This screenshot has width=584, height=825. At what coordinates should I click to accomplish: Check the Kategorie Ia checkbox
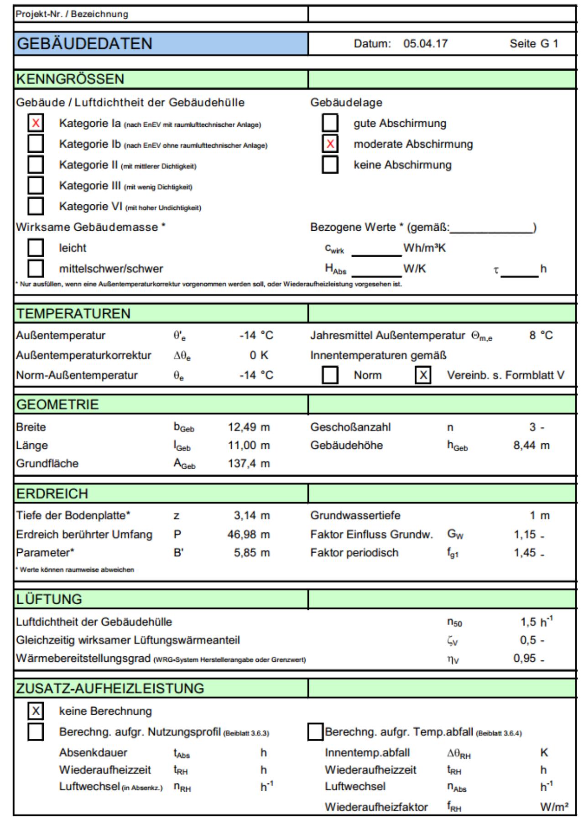(36, 123)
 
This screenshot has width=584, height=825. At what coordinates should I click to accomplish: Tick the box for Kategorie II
(36, 165)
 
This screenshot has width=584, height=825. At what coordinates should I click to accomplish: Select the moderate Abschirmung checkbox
(330, 144)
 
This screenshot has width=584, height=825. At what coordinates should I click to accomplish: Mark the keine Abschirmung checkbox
(330, 165)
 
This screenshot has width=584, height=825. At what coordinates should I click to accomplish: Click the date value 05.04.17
(425, 44)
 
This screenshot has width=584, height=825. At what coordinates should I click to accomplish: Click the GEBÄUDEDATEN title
(84, 44)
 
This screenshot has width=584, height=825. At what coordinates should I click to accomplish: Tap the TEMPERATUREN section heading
(73, 314)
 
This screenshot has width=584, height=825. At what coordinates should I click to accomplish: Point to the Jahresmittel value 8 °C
(541, 336)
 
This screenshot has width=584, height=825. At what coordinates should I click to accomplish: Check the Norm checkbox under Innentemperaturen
(330, 375)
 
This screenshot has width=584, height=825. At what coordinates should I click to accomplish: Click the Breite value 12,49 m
(249, 427)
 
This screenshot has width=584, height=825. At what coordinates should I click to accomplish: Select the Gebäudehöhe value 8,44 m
(532, 446)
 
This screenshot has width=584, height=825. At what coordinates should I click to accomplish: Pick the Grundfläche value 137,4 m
(249, 464)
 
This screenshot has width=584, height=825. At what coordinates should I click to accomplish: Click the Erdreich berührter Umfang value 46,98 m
(249, 534)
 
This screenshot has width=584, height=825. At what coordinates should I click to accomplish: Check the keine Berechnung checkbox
(36, 711)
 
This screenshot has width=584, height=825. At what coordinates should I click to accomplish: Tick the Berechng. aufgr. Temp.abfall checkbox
(315, 732)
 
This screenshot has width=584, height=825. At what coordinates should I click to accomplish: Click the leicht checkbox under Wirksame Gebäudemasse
(36, 248)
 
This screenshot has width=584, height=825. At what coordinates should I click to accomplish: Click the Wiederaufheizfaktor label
(376, 807)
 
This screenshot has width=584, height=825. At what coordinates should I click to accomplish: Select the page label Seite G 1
(534, 44)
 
